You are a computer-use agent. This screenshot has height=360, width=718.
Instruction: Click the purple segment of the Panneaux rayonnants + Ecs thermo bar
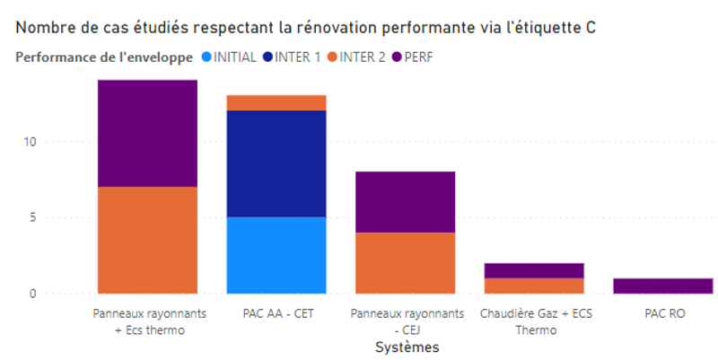coord(147,133)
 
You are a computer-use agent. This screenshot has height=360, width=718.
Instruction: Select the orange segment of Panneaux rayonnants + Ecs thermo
coord(147,240)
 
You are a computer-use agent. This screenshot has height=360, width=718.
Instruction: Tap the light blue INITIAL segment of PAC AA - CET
coord(276,255)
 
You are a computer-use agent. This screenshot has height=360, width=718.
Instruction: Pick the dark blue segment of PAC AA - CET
coord(276,163)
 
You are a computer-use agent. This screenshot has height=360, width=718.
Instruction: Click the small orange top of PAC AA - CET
coord(276,102)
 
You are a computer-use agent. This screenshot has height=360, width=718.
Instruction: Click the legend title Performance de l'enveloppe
coord(104,57)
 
